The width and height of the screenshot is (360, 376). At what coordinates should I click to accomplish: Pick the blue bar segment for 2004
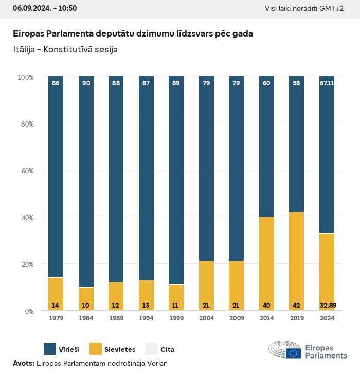coord(206,170)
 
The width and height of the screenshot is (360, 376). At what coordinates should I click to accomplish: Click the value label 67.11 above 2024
coord(327,83)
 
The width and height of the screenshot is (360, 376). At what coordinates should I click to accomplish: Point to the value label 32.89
coord(327,305)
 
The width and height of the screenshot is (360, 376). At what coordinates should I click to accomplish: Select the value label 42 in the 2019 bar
coord(297,305)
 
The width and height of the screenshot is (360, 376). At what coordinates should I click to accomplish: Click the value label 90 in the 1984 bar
coord(86,83)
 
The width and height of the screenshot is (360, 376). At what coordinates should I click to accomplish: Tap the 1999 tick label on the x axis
coord(176,318)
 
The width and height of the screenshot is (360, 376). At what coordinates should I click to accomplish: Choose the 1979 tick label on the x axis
coord(56,318)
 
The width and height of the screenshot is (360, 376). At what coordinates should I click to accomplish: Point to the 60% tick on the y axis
coord(26,170)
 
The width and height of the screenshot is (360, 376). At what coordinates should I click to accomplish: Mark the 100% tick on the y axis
coord(25,77)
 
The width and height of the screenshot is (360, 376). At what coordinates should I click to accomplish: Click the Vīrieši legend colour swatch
coord(50,349)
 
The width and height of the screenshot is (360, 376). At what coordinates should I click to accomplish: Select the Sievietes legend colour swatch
coord(96,349)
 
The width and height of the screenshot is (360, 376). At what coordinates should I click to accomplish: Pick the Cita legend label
coord(167,350)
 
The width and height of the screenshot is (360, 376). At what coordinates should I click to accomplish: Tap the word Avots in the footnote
coord(23,363)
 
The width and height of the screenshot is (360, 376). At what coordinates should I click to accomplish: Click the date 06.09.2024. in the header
coord(30,8)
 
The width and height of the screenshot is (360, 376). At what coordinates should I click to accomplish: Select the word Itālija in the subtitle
coord(26,50)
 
